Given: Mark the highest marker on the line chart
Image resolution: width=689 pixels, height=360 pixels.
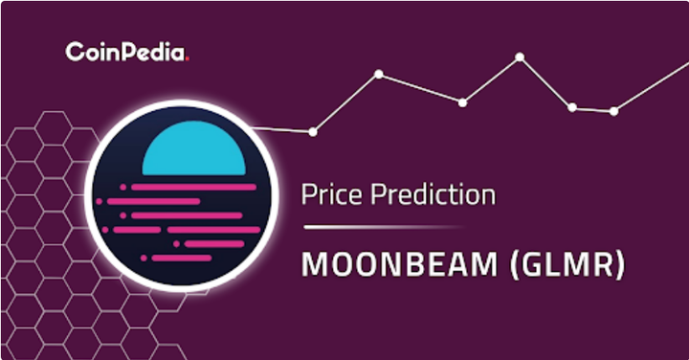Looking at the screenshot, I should (x=520, y=57).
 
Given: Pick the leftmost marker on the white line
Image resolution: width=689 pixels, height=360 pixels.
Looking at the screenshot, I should (x=313, y=131).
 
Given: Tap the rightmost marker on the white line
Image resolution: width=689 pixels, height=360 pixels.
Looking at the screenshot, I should (x=613, y=111).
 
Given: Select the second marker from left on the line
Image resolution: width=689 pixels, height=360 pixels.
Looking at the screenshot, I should (x=379, y=74).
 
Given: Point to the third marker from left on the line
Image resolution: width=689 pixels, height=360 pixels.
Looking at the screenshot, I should (x=462, y=101).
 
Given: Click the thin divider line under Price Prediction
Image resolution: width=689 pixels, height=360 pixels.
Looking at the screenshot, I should (x=383, y=228).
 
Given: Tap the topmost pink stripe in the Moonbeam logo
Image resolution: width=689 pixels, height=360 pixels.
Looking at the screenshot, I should (x=181, y=187).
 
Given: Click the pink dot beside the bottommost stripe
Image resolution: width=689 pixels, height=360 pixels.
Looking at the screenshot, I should (x=144, y=258).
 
